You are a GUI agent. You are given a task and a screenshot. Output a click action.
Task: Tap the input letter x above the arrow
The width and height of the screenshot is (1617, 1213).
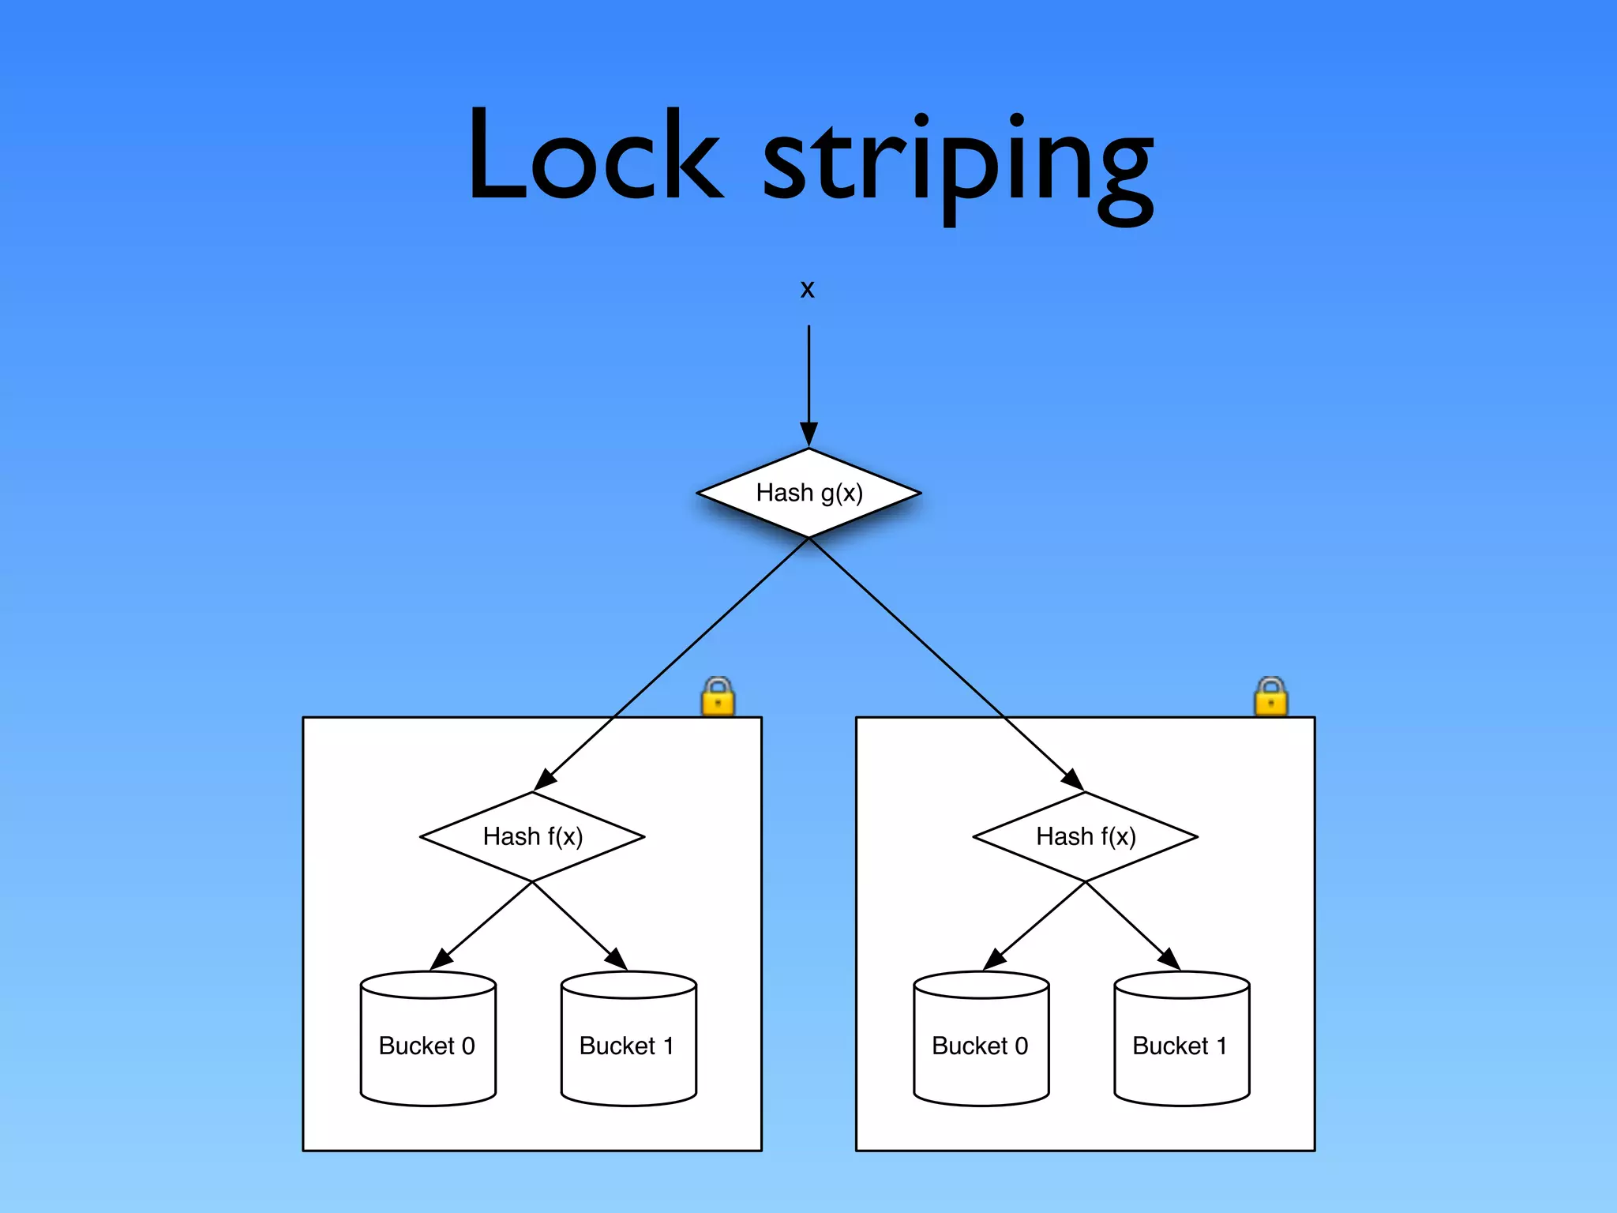coord(807,289)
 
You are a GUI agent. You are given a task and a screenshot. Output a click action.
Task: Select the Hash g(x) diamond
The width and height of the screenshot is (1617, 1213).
coord(808,493)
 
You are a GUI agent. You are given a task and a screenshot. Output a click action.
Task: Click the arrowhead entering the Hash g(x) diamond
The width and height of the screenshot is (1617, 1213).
coord(808,434)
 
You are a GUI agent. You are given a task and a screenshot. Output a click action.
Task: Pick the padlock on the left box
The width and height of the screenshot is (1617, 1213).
coord(718,697)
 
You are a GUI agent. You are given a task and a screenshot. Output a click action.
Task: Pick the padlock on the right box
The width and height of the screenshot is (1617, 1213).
coord(1270,697)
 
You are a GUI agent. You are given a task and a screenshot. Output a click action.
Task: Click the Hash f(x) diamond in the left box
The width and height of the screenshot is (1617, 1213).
coord(532,836)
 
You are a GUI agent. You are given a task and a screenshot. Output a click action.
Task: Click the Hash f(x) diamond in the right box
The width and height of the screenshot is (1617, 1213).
coord(1086,836)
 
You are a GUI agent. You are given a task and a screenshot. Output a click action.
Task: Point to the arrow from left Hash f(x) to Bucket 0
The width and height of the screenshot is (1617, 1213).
coord(482,926)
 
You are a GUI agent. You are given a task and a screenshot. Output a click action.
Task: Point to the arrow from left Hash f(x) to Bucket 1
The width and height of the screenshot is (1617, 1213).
coord(580,926)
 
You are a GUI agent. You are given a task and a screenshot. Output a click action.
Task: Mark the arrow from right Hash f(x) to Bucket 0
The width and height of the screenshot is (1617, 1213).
coord(1035,926)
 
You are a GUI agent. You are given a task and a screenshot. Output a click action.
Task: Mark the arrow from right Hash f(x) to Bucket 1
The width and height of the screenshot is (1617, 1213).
coord(1133,926)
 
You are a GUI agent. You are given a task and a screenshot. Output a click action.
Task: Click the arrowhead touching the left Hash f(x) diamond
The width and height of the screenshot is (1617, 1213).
coord(544,779)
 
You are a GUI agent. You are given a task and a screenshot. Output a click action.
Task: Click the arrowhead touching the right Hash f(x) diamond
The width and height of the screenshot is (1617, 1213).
coord(1073,779)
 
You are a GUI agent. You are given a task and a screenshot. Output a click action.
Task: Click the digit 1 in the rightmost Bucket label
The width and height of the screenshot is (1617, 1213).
coord(1221,1046)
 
